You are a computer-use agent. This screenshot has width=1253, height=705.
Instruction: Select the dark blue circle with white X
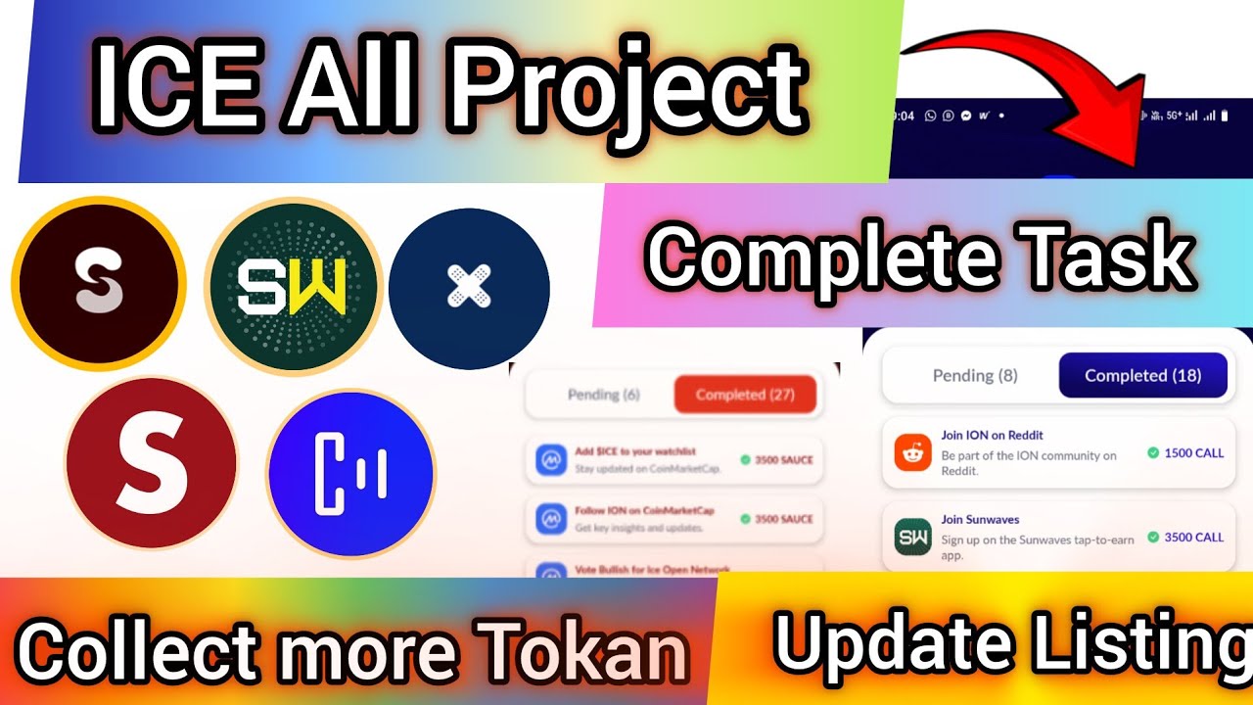469,289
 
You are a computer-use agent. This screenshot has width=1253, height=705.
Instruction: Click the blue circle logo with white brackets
350,475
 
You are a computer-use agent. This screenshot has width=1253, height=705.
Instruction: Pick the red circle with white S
151,462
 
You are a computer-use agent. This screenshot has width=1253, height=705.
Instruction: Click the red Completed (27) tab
745,395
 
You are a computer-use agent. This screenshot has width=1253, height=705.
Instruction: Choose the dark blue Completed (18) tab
1142,375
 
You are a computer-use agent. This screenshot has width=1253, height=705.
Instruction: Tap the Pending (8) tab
975,375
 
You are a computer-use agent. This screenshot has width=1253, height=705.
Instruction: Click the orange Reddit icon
912,452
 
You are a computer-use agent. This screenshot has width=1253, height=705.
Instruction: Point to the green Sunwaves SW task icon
912,537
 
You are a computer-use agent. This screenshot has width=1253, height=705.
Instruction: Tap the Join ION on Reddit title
992,435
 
